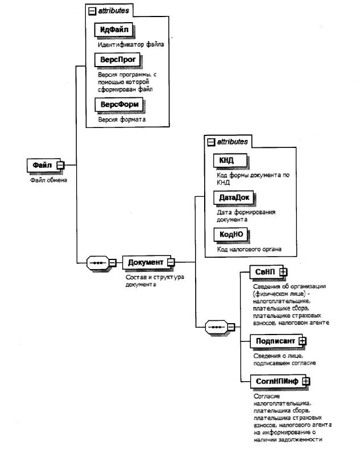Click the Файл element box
tap(42, 165)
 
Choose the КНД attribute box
tap(226, 161)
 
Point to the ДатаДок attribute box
tap(232, 197)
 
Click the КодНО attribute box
tap(230, 234)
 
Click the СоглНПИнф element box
tap(277, 381)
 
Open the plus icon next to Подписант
tap(303, 340)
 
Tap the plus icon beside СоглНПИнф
tap(305, 381)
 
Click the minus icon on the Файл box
tap(60, 166)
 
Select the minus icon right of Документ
tap(171, 263)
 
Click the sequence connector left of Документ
tap(98, 263)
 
